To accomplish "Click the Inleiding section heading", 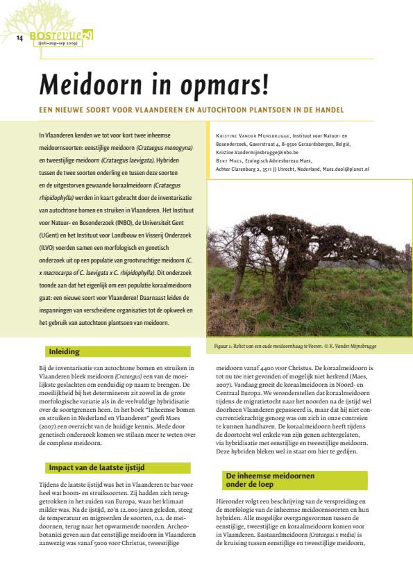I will point(64,351).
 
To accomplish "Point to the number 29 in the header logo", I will point(87,33).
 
